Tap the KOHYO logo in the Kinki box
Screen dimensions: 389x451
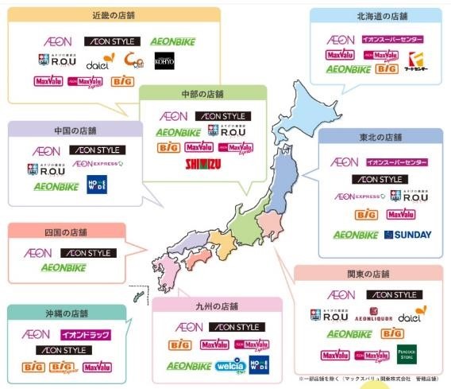[164, 60]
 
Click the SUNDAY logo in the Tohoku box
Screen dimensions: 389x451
[407, 235]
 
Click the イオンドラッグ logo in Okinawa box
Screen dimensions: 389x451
[85, 335]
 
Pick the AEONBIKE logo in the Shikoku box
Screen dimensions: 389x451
[64, 268]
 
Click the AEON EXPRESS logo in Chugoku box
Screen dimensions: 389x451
[97, 165]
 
